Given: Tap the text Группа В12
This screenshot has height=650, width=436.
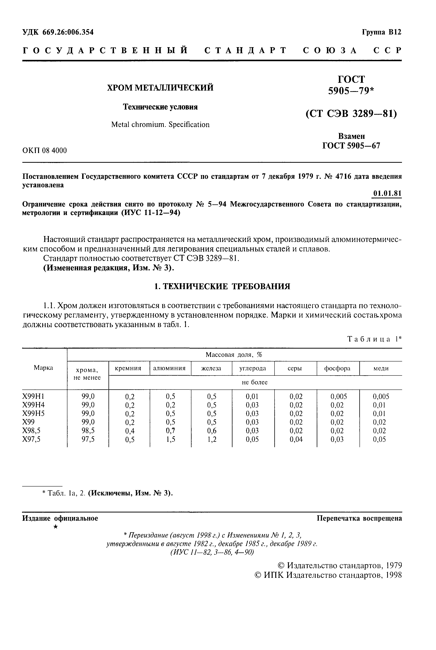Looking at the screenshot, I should click(381, 32).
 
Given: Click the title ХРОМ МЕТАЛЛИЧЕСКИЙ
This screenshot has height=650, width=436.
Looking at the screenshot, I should click(160, 88).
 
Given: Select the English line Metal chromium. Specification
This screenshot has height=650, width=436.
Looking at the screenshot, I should click(160, 125).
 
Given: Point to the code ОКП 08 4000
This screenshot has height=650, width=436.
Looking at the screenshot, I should click(44, 151).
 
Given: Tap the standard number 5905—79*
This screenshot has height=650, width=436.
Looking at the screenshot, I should click(351, 91).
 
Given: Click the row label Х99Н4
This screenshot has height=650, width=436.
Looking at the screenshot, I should click(33, 405).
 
